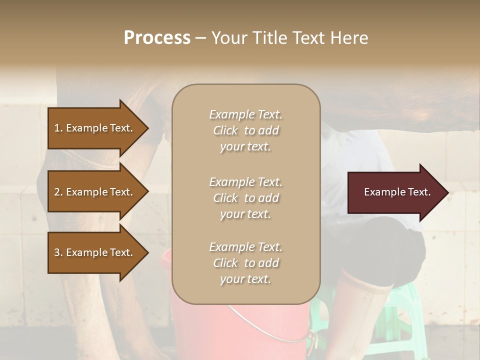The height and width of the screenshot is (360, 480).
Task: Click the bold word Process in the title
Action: [x=157, y=38]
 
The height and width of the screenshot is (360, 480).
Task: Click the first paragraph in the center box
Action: [x=245, y=130]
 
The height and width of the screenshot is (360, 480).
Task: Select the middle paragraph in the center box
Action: [x=245, y=198]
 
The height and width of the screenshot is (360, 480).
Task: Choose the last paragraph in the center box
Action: [x=245, y=263]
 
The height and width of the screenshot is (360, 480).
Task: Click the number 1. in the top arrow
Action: [x=58, y=128]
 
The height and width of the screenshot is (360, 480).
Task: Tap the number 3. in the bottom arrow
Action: [x=58, y=252]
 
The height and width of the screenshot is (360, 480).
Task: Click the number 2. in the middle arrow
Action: [x=58, y=192]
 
